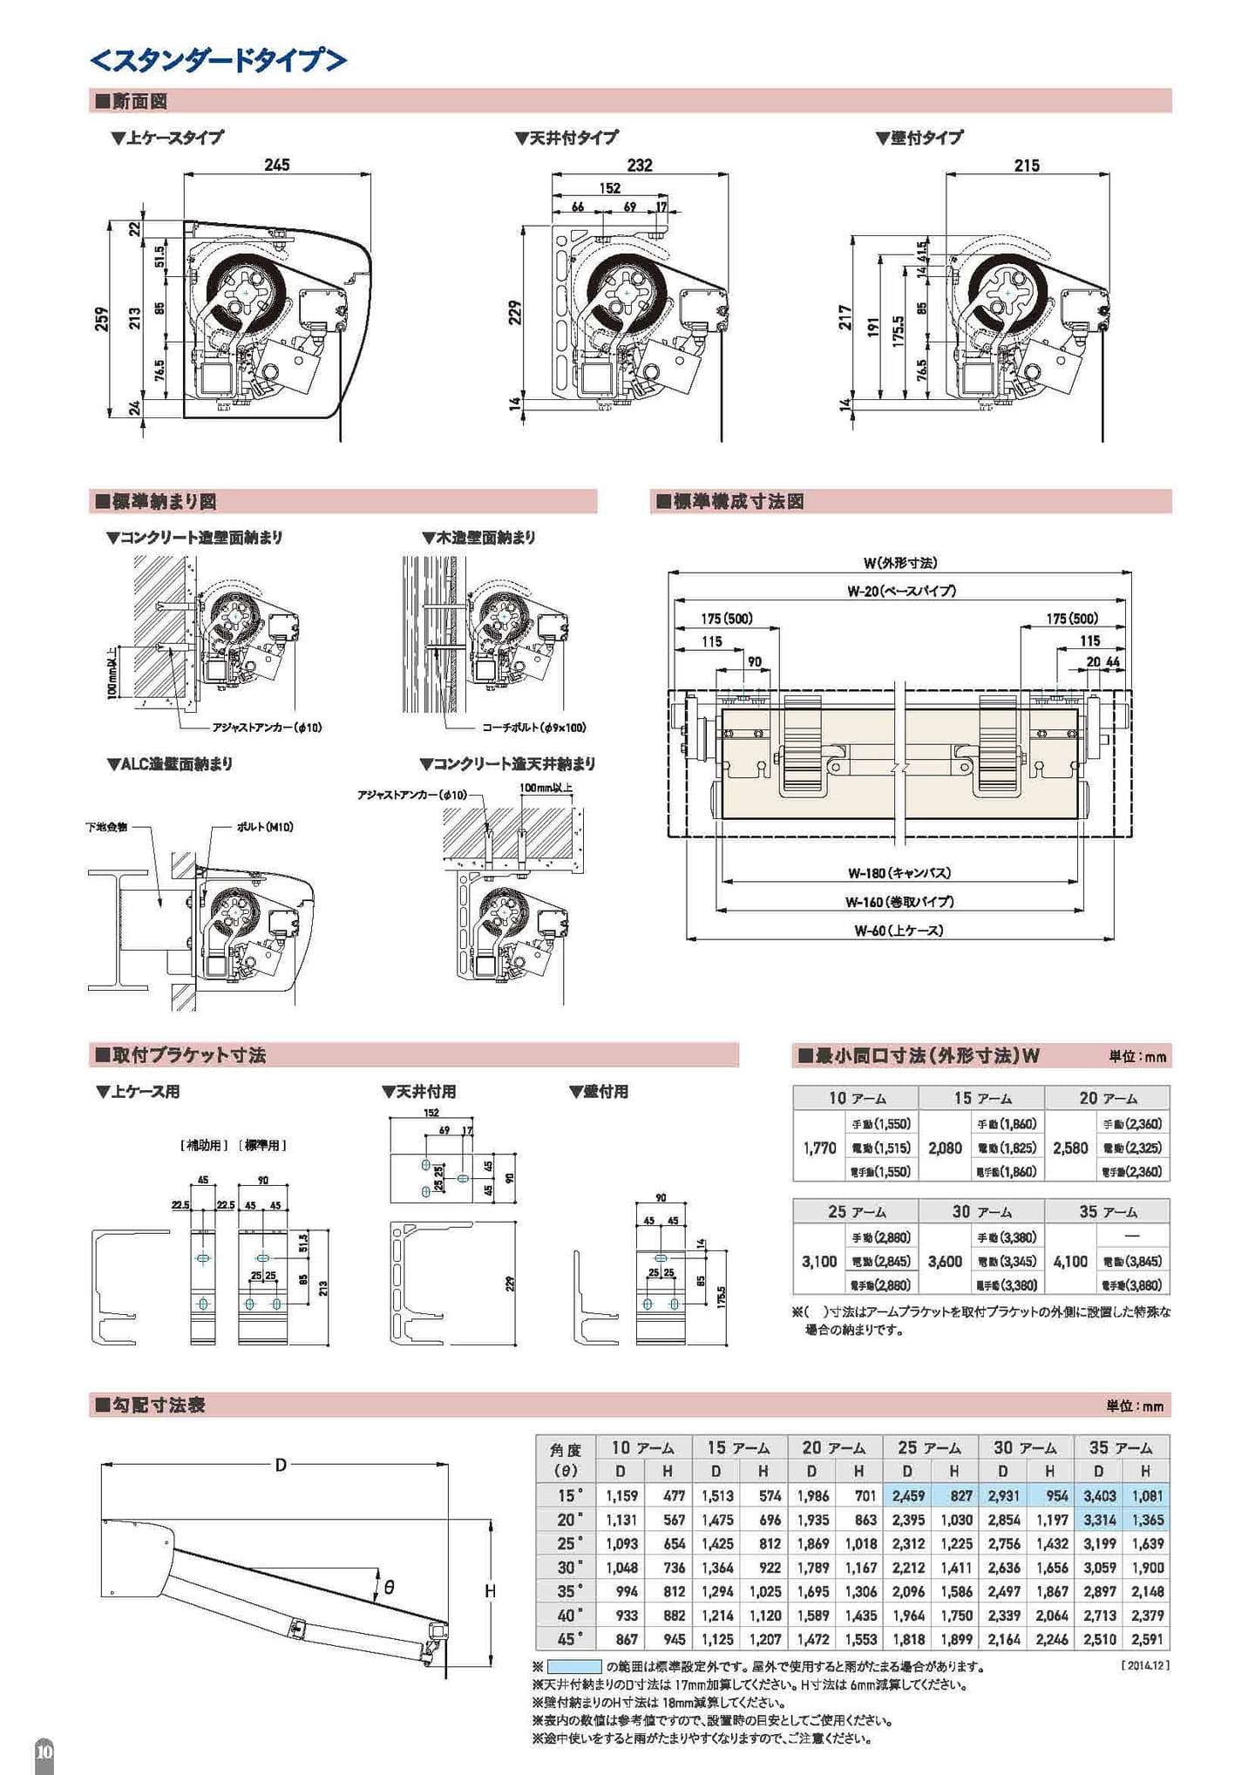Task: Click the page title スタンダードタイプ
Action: pos(218,60)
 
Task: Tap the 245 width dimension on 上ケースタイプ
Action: pos(276,165)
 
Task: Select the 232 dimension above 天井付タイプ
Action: pos(640,165)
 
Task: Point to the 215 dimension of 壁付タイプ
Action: pos(1027,165)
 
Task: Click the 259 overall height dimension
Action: pos(102,320)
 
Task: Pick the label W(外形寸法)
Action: pos(900,563)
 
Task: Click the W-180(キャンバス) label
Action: pos(899,872)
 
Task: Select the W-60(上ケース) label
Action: pos(899,930)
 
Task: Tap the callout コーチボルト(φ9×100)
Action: pos(533,727)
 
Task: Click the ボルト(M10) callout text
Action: pos(264,826)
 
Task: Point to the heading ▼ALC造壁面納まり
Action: pos(170,763)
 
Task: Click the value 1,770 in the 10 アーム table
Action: pos(819,1148)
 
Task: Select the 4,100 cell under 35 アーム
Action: pos(1070,1261)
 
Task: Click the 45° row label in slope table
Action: pos(567,1639)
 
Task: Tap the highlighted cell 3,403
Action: pos(1099,1495)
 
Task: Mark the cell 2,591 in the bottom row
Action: pos(1146,1639)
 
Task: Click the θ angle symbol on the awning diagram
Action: pos(389,1588)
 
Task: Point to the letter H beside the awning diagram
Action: pos(491,1591)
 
